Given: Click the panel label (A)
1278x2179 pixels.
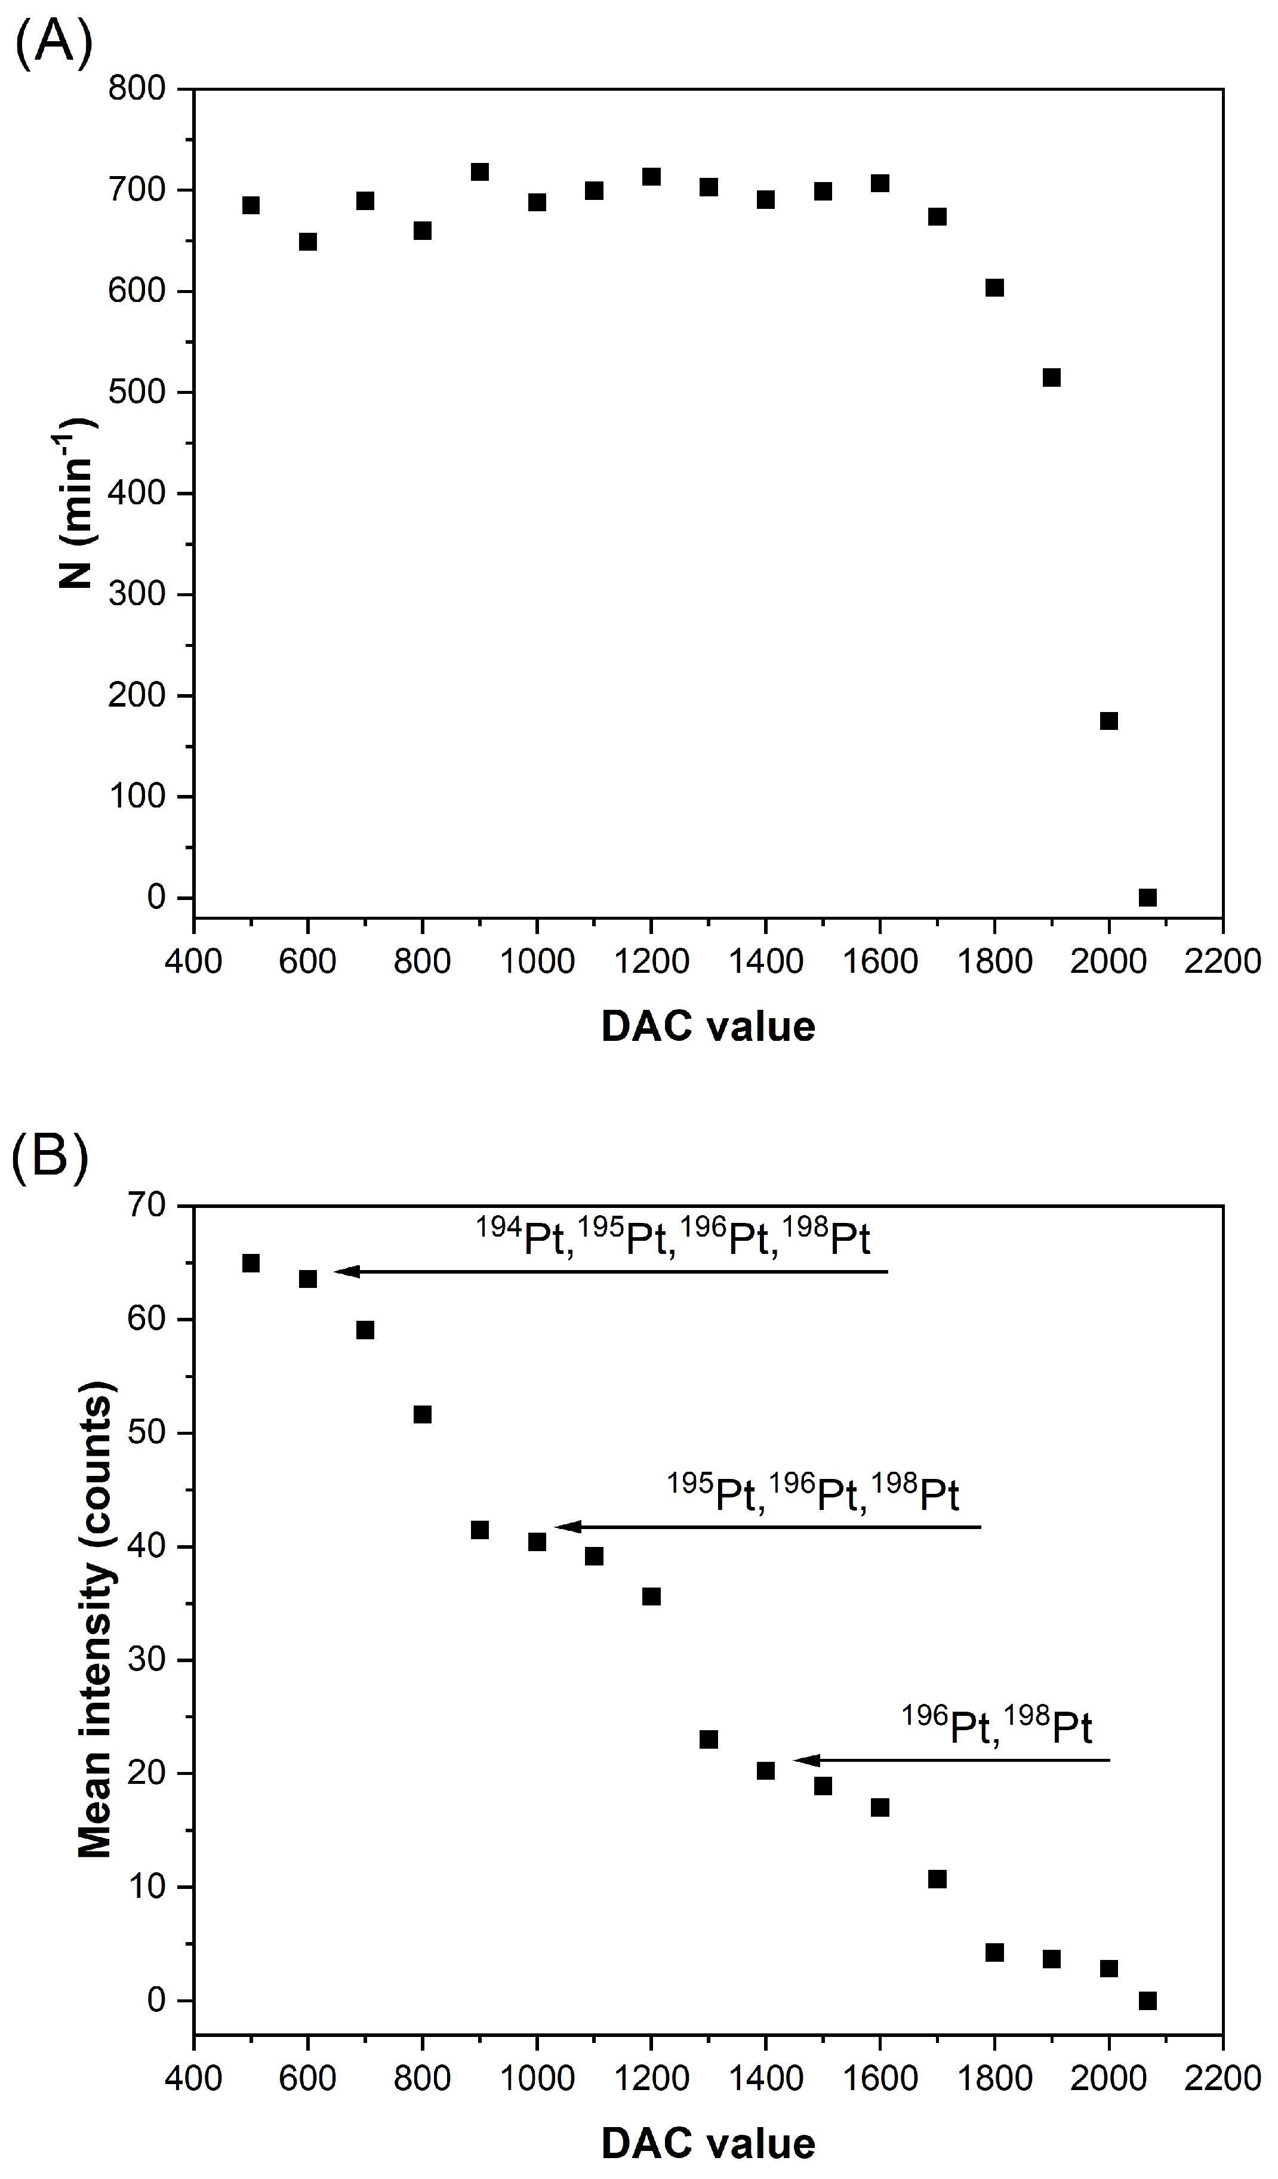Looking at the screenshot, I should pyautogui.click(x=54, y=45).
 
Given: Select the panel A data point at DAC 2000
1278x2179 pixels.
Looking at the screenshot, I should pyautogui.click(x=1108, y=720).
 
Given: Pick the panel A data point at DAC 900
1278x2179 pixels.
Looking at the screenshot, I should pyautogui.click(x=480, y=172).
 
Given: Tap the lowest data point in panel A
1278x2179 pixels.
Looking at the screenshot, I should pyautogui.click(x=1147, y=898).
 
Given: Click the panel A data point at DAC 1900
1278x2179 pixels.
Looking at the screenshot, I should pyautogui.click(x=1051, y=377).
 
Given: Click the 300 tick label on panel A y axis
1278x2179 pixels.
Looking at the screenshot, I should pyautogui.click(x=137, y=594).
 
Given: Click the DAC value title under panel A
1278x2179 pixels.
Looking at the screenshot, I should pyautogui.click(x=707, y=1027).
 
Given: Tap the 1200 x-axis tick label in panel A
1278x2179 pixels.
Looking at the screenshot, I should pyautogui.click(x=651, y=961).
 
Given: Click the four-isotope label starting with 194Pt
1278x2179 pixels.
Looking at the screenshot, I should pyautogui.click(x=673, y=1238).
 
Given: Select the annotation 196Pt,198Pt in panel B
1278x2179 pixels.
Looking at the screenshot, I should pyautogui.click(x=997, y=1727).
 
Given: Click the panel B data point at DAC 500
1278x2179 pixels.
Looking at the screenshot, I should pyautogui.click(x=251, y=1263).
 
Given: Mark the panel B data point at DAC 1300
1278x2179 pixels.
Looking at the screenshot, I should pyautogui.click(x=708, y=1739).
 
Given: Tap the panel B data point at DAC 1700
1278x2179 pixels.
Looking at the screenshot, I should pyautogui.click(x=937, y=1879).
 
